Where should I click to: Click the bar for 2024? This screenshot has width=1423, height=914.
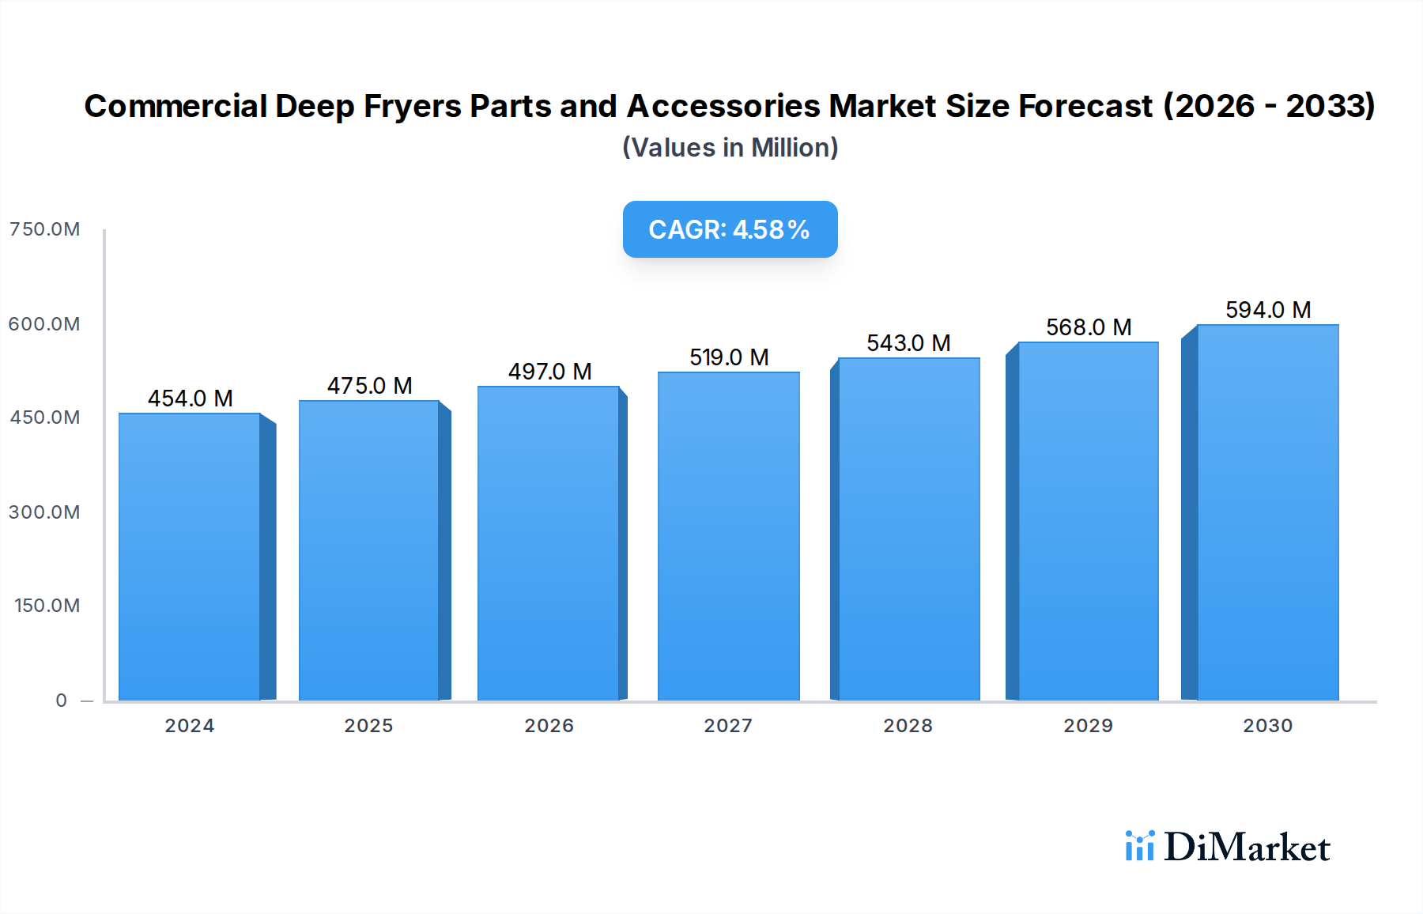click(190, 557)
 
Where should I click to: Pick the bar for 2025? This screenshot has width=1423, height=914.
click(369, 550)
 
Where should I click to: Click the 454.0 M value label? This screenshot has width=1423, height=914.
click(190, 398)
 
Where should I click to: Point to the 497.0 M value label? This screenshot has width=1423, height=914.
click(549, 372)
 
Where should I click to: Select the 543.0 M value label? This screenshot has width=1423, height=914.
click(908, 343)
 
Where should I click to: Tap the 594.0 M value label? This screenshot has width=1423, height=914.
click(1268, 310)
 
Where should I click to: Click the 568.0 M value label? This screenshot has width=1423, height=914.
click(1089, 327)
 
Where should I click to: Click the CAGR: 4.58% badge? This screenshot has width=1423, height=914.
click(730, 229)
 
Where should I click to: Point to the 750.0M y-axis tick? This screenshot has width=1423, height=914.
click(44, 229)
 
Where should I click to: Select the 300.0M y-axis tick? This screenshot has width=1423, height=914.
click(44, 512)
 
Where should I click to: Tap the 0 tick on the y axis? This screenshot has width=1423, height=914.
click(61, 701)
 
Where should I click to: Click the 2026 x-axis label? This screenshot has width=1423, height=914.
click(549, 726)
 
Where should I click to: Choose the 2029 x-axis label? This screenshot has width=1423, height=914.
click(1088, 726)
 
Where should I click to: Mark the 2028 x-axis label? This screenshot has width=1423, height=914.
click(908, 726)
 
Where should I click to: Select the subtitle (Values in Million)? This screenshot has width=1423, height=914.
click(730, 148)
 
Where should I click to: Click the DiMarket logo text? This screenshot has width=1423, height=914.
click(1247, 848)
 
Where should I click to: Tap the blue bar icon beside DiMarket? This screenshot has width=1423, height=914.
click(1139, 846)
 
